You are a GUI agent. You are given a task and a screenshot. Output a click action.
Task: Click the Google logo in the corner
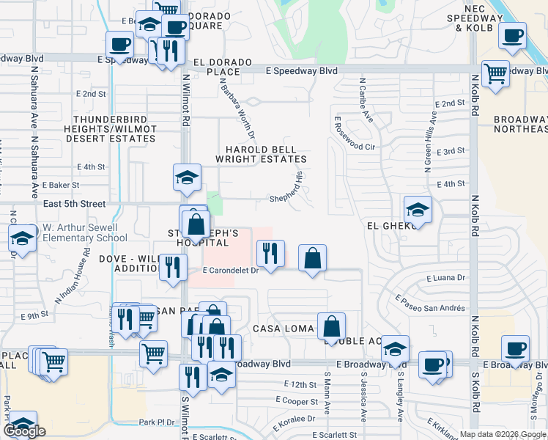25,431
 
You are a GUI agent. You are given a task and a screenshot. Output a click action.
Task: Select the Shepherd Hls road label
292,188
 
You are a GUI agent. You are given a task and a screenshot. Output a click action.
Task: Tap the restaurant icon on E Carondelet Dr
270,254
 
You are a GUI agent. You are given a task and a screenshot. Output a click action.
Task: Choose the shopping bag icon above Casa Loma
331,326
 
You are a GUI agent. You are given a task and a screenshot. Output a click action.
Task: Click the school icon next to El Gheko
418,209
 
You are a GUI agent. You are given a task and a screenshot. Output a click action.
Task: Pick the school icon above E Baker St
187,177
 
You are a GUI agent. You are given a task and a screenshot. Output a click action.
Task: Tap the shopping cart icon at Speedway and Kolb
496,73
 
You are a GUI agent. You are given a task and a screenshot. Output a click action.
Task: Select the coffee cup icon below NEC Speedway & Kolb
514,34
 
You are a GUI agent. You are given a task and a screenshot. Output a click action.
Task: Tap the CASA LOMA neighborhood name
283,329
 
